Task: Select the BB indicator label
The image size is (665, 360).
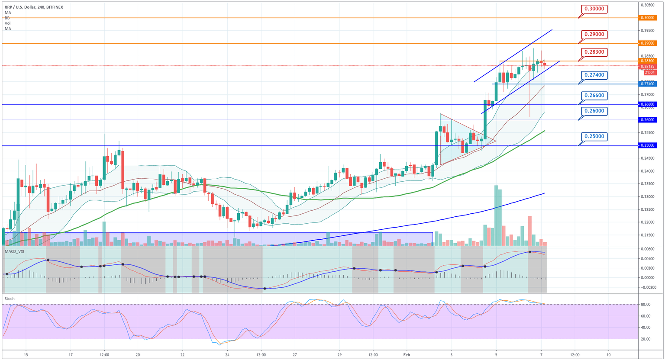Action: pyautogui.click(x=7, y=18)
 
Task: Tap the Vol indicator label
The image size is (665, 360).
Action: pyautogui.click(x=7, y=23)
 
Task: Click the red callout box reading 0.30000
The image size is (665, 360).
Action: pyautogui.click(x=594, y=9)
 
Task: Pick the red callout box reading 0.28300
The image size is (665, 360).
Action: pyautogui.click(x=594, y=52)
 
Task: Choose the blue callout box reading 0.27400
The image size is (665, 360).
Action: pyautogui.click(x=594, y=75)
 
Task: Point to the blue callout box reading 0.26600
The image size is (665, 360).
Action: pyautogui.click(x=594, y=95)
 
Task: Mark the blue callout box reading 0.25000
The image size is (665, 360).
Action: pyautogui.click(x=594, y=137)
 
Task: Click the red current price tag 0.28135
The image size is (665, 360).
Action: pyautogui.click(x=647, y=67)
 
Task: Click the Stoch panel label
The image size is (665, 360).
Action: pyautogui.click(x=10, y=299)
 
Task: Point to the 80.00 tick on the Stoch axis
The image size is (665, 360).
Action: pyautogui.click(x=646, y=305)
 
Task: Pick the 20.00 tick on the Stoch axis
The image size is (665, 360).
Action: pyautogui.click(x=646, y=339)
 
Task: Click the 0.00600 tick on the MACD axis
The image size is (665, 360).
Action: pyautogui.click(x=648, y=249)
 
